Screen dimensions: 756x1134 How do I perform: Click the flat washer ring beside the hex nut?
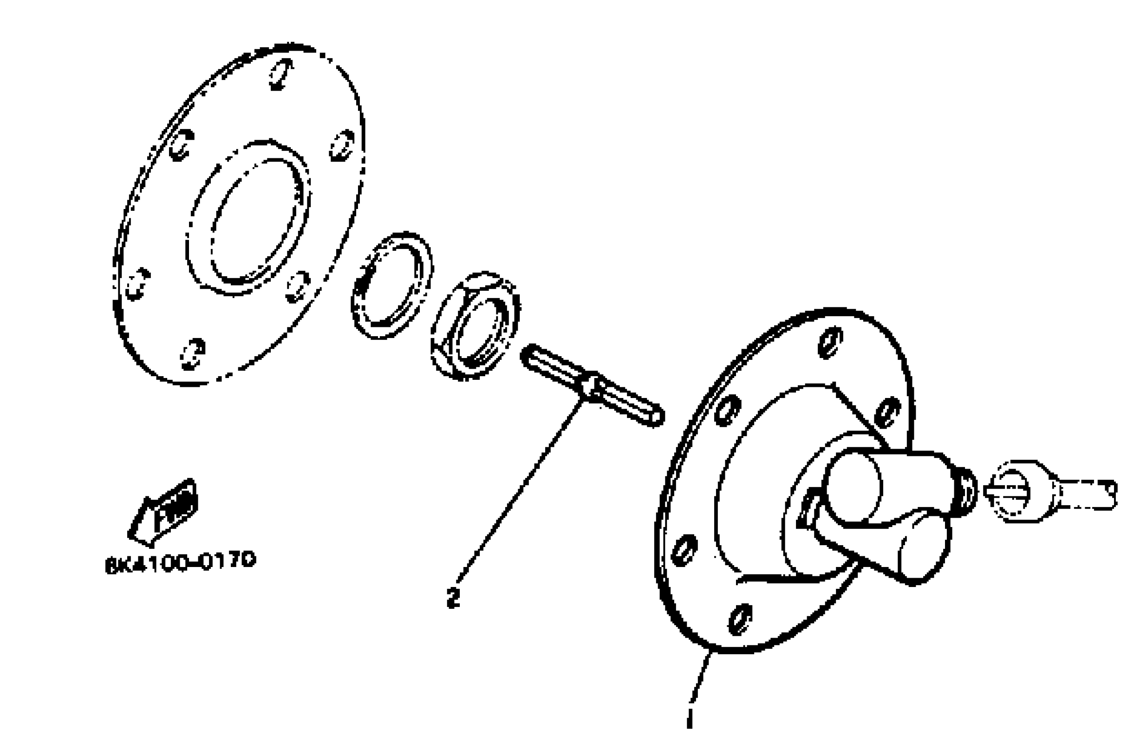[x=391, y=286]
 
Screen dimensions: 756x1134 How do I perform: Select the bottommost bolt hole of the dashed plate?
[x=193, y=354]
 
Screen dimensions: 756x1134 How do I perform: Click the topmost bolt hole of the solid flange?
[x=830, y=342]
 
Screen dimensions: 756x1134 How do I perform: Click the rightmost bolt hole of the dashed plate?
[x=342, y=145]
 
